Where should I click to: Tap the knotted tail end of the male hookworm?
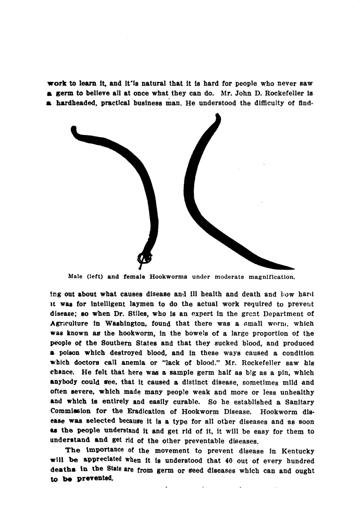145,257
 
